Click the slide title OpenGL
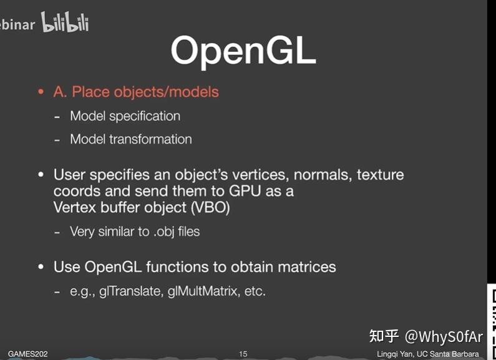(243, 51)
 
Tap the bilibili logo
(65, 23)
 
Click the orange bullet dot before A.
(41, 92)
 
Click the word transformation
(150, 139)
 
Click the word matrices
(302, 267)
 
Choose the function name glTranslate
(130, 291)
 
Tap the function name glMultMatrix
(203, 291)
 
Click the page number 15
(243, 354)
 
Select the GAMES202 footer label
(27, 354)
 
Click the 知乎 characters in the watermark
(384, 336)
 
